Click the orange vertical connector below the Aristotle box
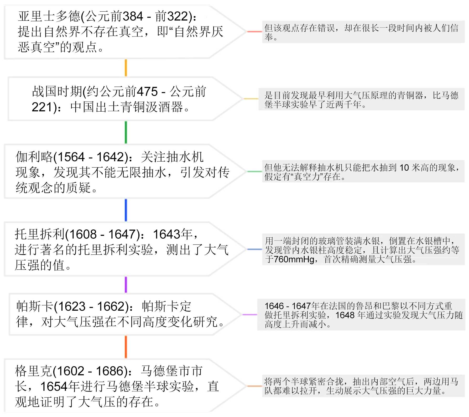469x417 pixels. (x=126, y=68)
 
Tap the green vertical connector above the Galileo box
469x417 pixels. (x=126, y=132)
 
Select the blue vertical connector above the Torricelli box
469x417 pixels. (x=126, y=210)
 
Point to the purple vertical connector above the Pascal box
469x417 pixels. (x=126, y=285)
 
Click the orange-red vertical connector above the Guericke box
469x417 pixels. (x=126, y=347)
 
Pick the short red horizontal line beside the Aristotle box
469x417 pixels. (x=254, y=32)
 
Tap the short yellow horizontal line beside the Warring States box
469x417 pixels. (x=251, y=99)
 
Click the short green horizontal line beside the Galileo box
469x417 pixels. (x=254, y=171)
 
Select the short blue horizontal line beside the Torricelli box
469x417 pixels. (x=254, y=249)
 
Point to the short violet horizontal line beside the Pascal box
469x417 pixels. (x=249, y=314)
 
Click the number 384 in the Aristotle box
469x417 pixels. (x=133, y=16)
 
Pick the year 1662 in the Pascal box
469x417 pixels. (x=111, y=306)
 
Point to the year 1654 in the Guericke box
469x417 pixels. (x=54, y=386)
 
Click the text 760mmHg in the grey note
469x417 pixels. (x=294, y=259)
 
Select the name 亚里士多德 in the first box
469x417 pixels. (x=49, y=16)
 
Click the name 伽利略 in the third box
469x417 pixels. (x=34, y=157)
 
